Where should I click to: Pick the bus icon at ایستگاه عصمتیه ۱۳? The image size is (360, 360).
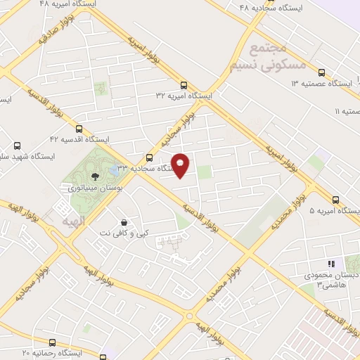[x=321, y=72]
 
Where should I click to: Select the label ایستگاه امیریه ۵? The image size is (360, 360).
[x=334, y=210]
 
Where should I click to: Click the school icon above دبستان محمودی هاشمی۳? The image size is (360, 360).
[x=330, y=264]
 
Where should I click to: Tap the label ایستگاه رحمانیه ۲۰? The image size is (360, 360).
[x=52, y=352]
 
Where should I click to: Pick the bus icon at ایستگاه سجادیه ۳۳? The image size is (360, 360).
[x=148, y=157]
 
